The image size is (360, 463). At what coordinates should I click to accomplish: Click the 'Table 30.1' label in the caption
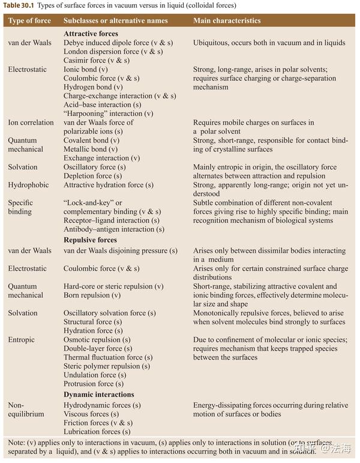[19, 5]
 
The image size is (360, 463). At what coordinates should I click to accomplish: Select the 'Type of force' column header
[30, 20]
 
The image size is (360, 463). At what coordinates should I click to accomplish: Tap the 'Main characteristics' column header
[227, 20]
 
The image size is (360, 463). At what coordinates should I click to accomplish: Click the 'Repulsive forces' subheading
[90, 240]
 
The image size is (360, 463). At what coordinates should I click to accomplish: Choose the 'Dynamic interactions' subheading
[99, 395]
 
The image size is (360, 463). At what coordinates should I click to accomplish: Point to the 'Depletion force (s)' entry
[92, 176]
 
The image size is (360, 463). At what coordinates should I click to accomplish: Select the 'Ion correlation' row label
[31, 123]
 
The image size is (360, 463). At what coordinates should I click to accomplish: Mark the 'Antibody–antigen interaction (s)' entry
[114, 229]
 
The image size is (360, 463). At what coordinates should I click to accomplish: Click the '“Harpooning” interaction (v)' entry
[109, 113]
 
